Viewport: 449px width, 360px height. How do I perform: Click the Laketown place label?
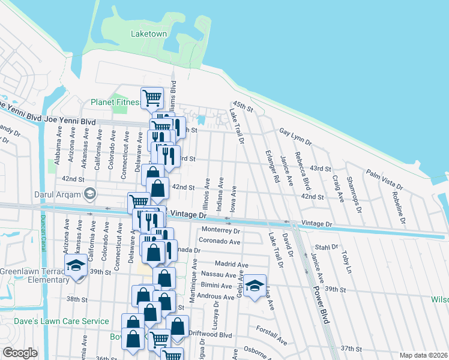148,34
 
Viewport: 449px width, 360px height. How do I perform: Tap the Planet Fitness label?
116,103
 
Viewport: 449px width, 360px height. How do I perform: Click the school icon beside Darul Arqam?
90,193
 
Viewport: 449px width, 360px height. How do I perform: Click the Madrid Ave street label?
231,265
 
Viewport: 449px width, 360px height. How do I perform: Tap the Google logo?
20,353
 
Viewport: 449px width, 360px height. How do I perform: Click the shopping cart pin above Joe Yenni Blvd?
152,97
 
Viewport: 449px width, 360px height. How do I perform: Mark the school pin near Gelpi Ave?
255,286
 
